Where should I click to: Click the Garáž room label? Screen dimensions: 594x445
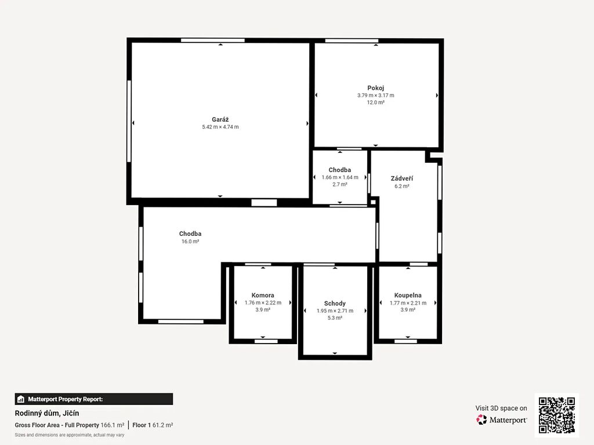(220, 119)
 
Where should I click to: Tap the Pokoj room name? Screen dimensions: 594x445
(375, 88)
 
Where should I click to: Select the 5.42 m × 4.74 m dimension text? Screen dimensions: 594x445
(220, 127)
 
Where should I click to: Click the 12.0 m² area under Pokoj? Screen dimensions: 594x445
(375, 102)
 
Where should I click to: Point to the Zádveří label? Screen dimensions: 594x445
(402, 178)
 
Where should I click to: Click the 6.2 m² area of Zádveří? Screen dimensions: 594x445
(402, 186)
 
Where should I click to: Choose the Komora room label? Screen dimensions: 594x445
(263, 295)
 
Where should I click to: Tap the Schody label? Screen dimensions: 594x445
(335, 304)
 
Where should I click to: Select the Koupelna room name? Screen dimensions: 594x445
(408, 295)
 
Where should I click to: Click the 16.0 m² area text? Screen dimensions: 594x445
(190, 242)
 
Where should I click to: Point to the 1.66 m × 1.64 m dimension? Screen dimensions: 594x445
(340, 177)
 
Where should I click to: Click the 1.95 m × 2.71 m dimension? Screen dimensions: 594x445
(335, 311)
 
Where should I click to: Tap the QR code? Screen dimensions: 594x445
(556, 415)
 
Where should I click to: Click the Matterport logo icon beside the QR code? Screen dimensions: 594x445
(481, 420)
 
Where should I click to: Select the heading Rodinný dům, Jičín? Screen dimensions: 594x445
(47, 413)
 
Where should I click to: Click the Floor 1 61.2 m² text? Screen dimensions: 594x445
(153, 425)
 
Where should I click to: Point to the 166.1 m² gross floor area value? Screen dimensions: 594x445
(113, 425)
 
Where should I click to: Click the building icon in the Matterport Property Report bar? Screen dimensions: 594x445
(21, 399)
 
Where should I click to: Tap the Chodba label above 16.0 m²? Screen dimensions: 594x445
(190, 234)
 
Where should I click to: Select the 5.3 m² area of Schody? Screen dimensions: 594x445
(335, 318)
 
